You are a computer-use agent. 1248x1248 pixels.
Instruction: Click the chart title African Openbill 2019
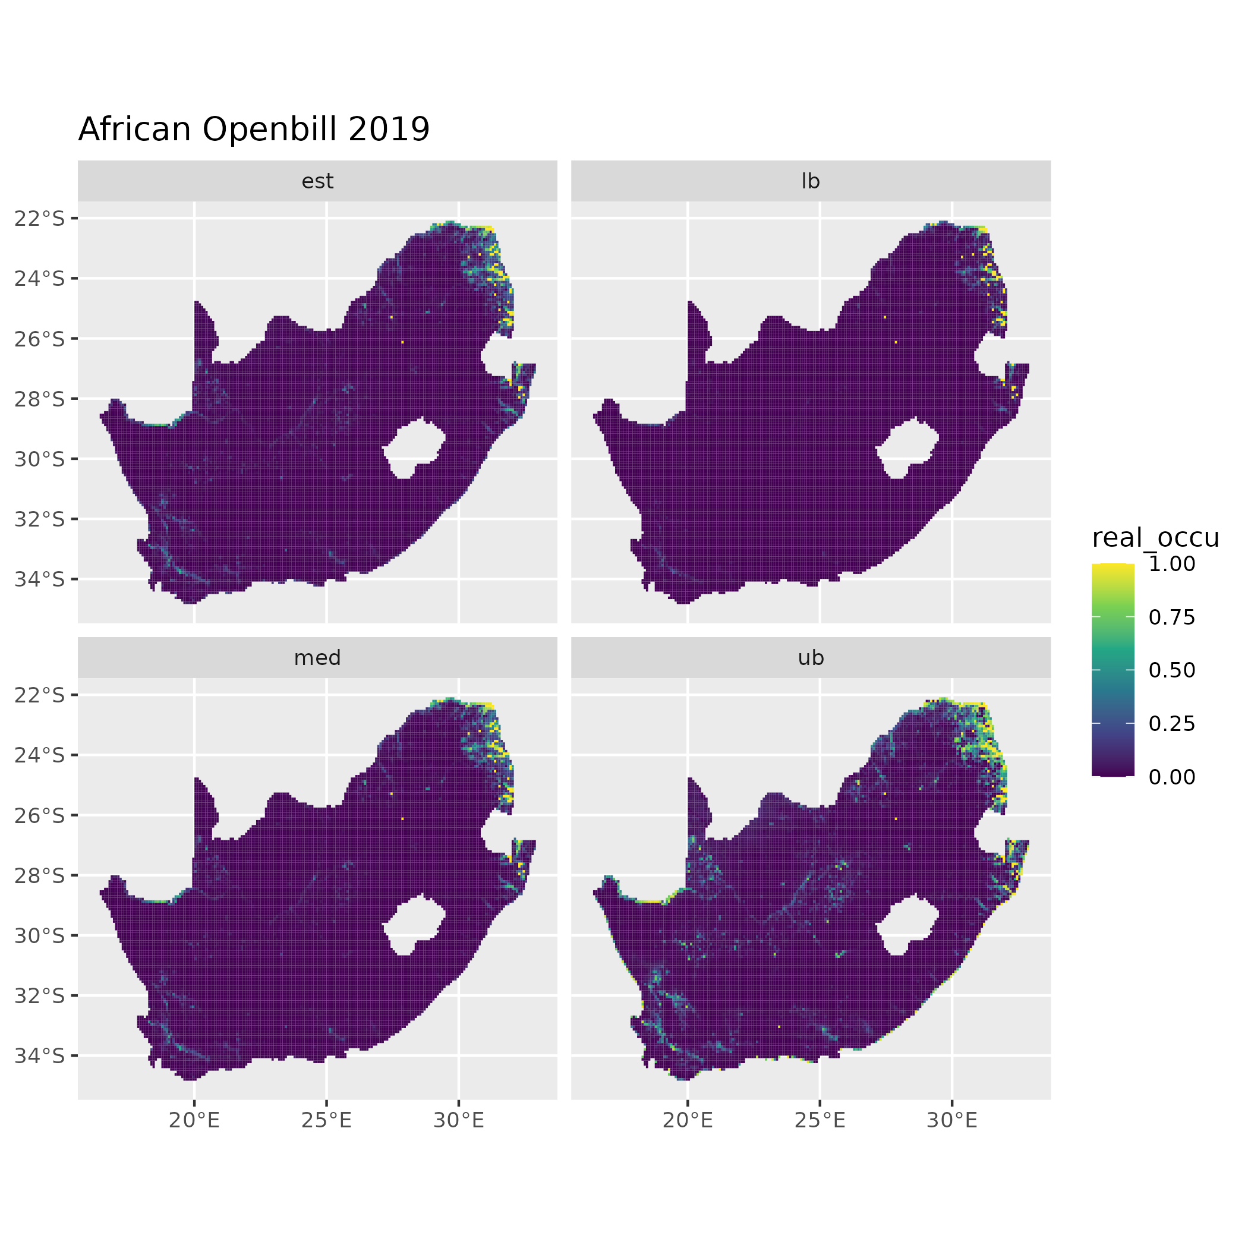click(254, 129)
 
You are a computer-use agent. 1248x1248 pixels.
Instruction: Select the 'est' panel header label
click(317, 181)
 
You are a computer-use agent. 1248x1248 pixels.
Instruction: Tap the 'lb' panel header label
click(810, 181)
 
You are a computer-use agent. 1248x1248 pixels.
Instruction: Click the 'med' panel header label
click(317, 658)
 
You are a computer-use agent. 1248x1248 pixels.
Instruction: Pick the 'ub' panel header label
click(810, 658)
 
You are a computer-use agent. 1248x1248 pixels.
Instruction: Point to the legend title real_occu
click(1155, 537)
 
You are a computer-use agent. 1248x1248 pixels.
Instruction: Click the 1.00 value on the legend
click(1172, 564)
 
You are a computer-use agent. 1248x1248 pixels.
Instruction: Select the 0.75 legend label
click(1172, 617)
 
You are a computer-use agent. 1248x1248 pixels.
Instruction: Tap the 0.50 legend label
click(1172, 670)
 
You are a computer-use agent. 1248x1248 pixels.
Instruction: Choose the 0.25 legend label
click(1172, 723)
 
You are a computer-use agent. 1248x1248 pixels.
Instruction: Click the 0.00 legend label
click(1172, 777)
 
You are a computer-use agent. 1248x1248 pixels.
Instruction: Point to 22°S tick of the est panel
click(40, 218)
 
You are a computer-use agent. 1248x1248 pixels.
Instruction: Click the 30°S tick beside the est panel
click(40, 459)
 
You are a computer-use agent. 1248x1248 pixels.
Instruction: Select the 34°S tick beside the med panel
click(40, 1055)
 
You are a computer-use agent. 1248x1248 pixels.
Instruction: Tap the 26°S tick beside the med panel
click(40, 815)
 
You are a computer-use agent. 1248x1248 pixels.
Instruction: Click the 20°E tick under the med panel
click(194, 1121)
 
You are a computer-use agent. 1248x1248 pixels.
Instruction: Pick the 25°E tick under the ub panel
click(820, 1121)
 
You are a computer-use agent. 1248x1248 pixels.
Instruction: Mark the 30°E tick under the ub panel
click(951, 1121)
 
